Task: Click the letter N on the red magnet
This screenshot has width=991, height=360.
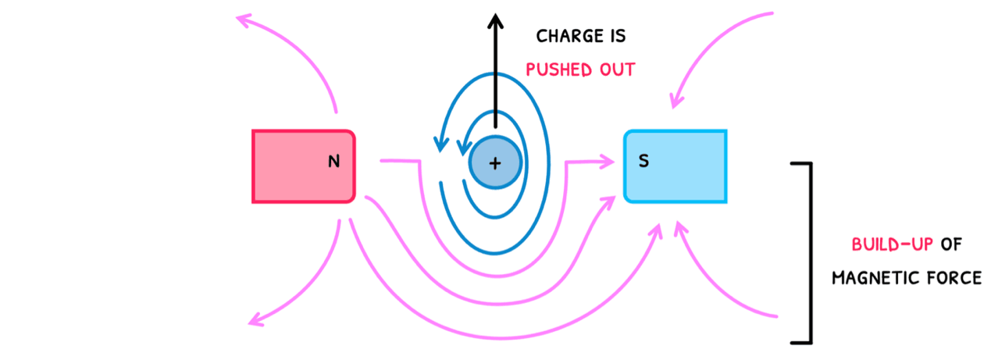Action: click(334, 162)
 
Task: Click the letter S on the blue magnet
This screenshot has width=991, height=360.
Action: click(643, 162)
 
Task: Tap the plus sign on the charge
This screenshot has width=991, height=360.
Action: click(494, 163)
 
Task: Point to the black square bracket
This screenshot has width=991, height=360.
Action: click(809, 252)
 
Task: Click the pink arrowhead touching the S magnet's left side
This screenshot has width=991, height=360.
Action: click(607, 162)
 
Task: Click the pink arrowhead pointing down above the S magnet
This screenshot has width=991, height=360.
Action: click(675, 100)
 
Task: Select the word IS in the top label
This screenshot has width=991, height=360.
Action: click(615, 36)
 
